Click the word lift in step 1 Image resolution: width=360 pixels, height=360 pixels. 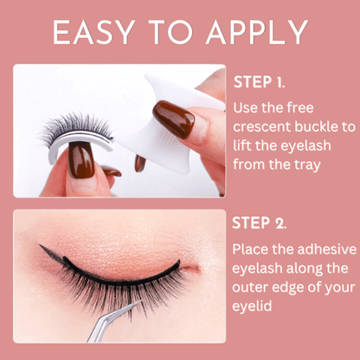tap(243, 145)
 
